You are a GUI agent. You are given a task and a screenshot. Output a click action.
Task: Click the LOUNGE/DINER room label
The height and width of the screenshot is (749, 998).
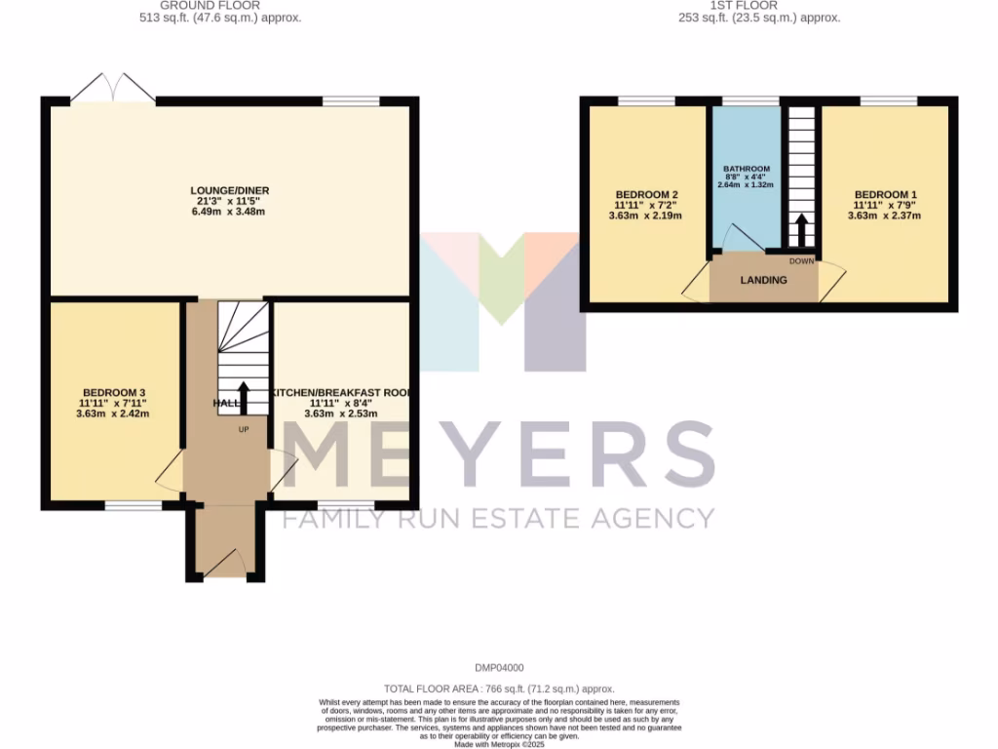(230, 190)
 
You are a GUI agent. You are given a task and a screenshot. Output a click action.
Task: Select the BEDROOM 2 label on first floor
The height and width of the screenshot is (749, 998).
(646, 194)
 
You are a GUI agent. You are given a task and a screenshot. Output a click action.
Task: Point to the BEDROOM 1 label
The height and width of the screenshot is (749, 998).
(885, 194)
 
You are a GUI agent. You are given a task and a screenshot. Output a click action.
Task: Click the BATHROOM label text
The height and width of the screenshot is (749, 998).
(747, 169)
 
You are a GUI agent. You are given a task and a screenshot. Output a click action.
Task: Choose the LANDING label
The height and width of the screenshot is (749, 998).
(763, 281)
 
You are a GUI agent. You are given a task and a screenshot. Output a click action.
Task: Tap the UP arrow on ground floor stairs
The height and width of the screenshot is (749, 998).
(243, 398)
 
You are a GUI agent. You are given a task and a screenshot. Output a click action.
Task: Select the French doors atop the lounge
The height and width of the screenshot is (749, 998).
(113, 89)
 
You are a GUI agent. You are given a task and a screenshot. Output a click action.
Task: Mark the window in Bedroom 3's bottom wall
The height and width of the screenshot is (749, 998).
(134, 505)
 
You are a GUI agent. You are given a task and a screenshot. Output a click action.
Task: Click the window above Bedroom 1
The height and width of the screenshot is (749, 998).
(888, 100)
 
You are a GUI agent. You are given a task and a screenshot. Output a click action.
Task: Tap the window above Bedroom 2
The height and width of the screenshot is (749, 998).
(646, 100)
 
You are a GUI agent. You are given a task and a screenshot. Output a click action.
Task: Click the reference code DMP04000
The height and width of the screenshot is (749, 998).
(499, 668)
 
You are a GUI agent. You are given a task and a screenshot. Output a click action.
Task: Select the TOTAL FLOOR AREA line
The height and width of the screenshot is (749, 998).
(499, 689)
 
